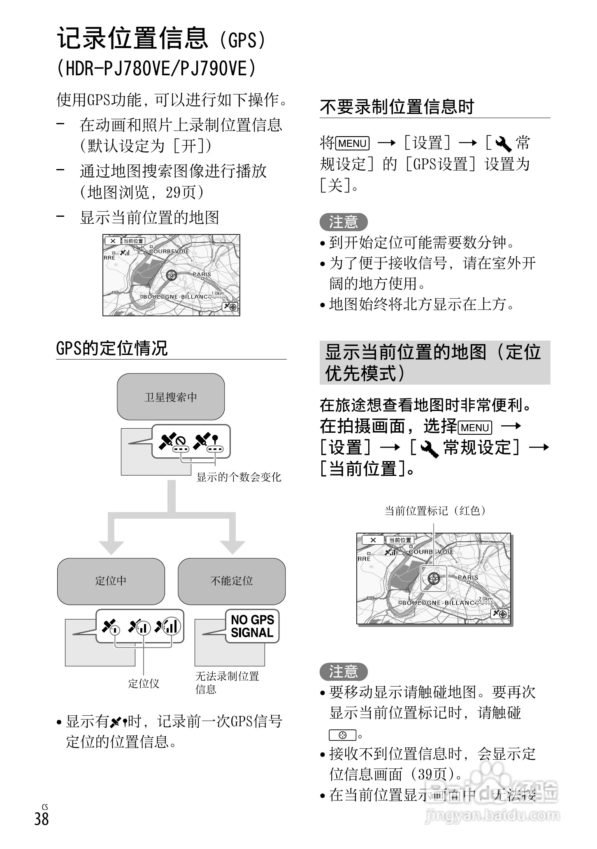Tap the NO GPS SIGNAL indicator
point(252,626)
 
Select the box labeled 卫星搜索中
point(171,397)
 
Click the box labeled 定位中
point(111,581)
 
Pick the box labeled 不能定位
point(232,581)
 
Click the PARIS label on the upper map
point(202,274)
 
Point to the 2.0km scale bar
point(485,600)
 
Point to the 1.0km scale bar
point(217,294)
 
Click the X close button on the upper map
point(112,241)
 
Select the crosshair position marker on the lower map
point(434,579)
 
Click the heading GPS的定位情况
point(112,348)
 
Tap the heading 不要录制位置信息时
point(397,107)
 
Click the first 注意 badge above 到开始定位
point(343,222)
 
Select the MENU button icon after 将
point(353,144)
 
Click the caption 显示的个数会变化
point(239,477)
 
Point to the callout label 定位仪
point(144,684)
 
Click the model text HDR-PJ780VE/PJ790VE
point(156,68)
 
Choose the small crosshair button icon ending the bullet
point(342,735)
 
